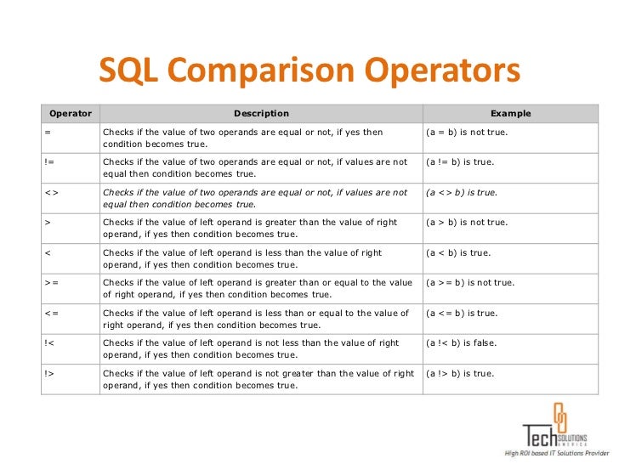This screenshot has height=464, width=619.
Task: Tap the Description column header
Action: pyautogui.click(x=261, y=113)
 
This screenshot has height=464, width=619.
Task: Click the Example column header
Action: pyautogui.click(x=510, y=113)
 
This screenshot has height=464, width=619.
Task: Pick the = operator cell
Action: pyautogui.click(x=48, y=133)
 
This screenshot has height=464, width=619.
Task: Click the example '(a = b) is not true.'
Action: pyautogui.click(x=467, y=133)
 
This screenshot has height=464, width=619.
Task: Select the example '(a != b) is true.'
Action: pyautogui.click(x=461, y=161)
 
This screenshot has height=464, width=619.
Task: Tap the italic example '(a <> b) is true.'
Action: pyautogui.click(x=463, y=192)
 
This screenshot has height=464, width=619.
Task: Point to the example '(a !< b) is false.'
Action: pyautogui.click(x=462, y=342)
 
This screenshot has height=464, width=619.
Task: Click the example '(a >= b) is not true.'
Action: pyautogui.click(x=470, y=282)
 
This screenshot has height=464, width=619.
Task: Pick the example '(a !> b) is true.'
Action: pyautogui.click(x=460, y=373)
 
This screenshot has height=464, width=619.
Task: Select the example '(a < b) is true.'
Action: pyautogui.click(x=458, y=252)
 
